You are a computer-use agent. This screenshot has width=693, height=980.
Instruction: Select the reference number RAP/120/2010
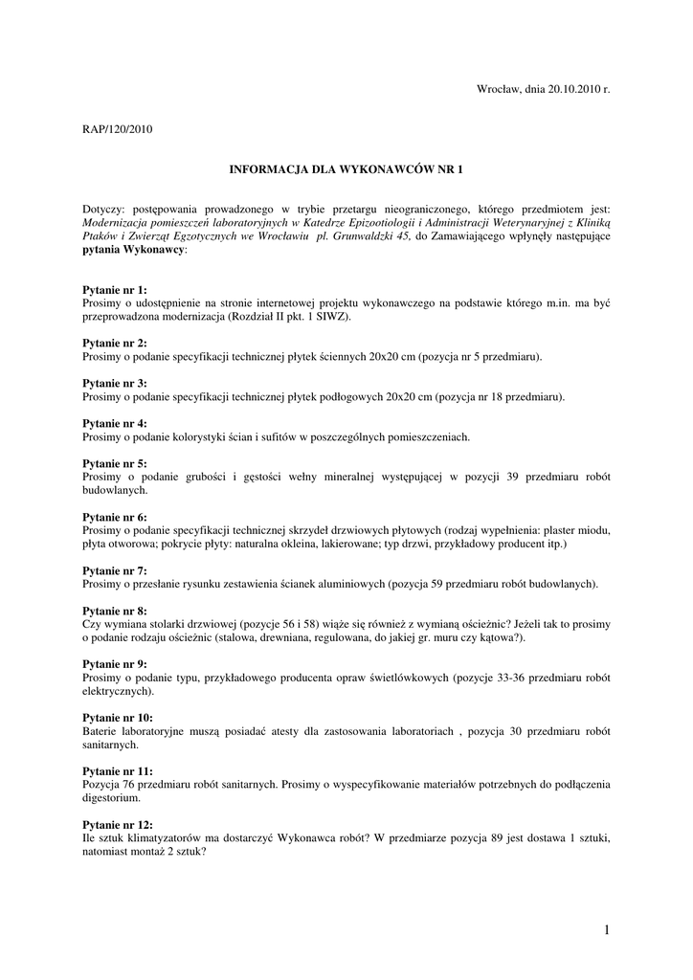click(x=117, y=128)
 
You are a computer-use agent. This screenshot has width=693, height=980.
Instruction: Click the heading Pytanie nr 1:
click(x=115, y=289)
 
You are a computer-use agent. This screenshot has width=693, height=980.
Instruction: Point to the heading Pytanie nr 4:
click(x=115, y=423)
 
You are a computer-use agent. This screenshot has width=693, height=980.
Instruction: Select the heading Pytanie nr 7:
click(x=115, y=570)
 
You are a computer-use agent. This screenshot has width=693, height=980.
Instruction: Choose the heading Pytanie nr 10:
click(x=118, y=718)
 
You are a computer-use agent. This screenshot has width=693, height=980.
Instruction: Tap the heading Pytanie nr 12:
click(x=118, y=824)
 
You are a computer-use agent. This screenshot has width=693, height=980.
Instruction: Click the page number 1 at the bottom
click(x=607, y=928)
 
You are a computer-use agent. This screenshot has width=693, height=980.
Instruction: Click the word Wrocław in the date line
click(x=498, y=88)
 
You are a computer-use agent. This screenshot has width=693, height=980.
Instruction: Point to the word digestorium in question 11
click(x=111, y=797)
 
